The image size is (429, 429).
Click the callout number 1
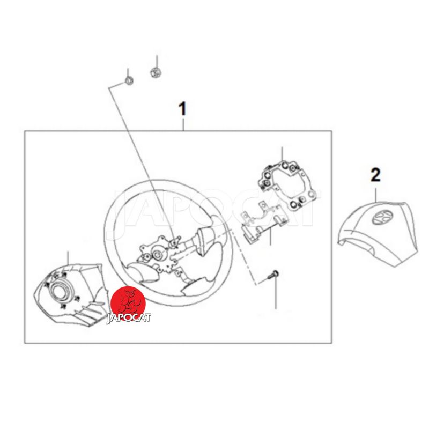182,109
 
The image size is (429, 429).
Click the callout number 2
375,175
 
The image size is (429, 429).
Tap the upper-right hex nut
156,72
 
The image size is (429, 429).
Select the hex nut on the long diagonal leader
129,80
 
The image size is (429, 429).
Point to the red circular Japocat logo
128,303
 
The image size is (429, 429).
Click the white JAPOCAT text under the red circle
129,318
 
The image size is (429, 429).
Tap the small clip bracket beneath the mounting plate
263,221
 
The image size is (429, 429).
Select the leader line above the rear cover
68,258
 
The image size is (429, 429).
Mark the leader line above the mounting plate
282,155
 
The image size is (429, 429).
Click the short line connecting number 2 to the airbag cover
376,195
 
